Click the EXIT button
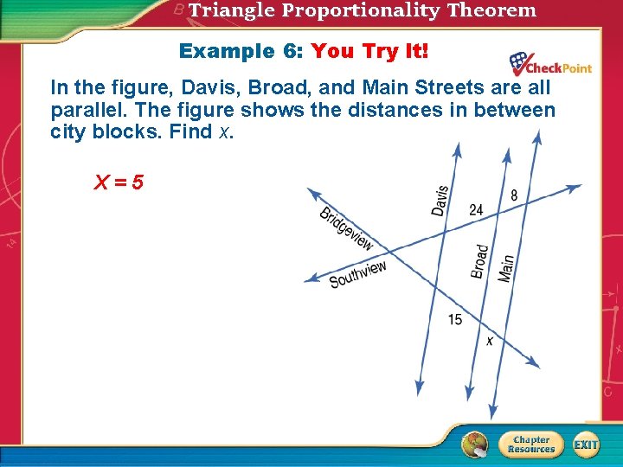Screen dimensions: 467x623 (586, 444)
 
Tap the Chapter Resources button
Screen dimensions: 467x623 (530, 444)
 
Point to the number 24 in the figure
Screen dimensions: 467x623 (476, 210)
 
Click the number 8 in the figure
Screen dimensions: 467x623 (514, 195)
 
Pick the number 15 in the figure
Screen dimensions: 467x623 (455, 320)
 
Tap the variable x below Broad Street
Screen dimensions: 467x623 (490, 341)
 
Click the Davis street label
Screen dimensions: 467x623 (440, 201)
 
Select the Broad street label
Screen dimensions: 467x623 (480, 260)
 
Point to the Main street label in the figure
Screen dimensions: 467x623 (506, 267)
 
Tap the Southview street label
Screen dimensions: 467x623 (358, 274)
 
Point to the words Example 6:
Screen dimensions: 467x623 (240, 51)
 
